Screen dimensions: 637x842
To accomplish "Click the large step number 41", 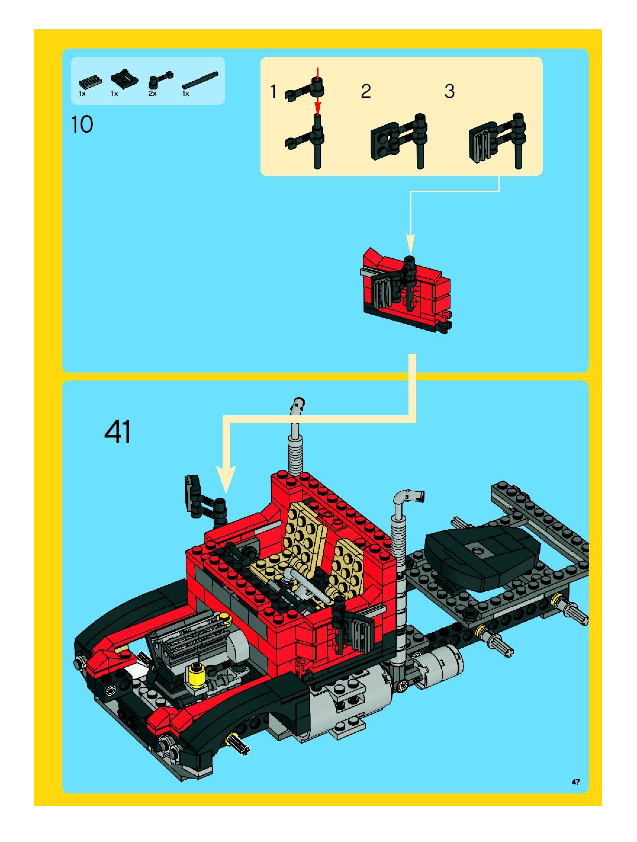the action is point(118,432).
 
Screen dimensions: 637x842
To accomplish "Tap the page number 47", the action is point(575,782).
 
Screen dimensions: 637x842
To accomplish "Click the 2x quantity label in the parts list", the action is point(152,94).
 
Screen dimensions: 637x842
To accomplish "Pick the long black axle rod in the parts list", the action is point(200,81).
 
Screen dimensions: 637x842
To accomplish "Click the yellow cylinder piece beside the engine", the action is point(196,675).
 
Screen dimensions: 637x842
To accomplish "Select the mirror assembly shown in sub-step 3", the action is point(496,141).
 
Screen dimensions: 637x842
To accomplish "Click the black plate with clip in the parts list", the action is point(125,79).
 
